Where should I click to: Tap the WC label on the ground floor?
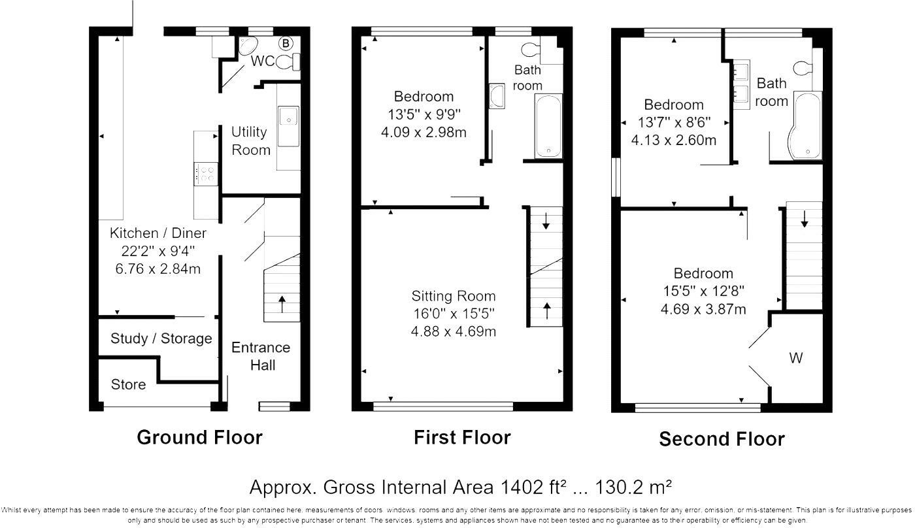point(263,61)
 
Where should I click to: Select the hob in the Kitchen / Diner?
point(205,174)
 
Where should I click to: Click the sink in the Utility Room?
point(288,126)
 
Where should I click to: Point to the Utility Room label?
point(251,141)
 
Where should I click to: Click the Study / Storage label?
point(161,338)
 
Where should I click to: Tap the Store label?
point(128,384)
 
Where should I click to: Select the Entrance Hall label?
point(261,356)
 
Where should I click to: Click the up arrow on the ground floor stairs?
point(282,305)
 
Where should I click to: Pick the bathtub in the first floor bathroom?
point(548,126)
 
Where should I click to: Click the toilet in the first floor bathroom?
point(531,50)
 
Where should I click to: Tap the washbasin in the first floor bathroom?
point(497,96)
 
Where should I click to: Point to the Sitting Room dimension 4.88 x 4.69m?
point(454,331)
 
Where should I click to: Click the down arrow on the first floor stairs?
point(546,221)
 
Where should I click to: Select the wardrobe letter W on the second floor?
point(796,358)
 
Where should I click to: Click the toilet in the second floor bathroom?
point(803,68)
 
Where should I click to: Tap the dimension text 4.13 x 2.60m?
point(674,140)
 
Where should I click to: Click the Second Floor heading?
point(722,439)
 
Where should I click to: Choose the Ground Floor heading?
point(200,437)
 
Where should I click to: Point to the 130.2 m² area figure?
point(633,487)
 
